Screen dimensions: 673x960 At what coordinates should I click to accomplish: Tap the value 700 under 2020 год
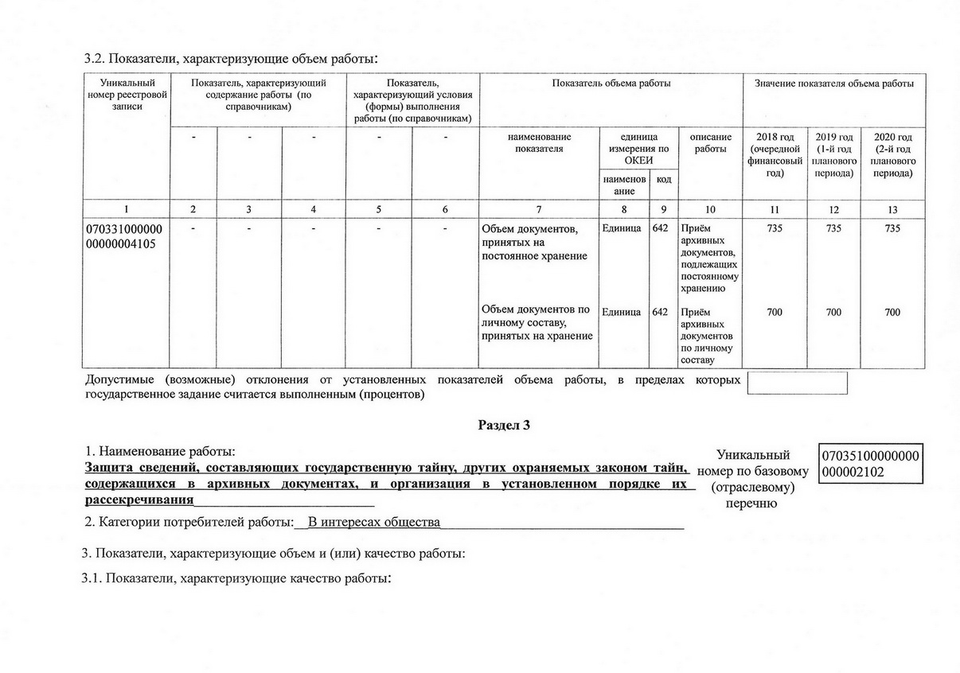point(892,313)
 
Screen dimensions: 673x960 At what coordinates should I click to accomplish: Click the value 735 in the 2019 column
point(833,228)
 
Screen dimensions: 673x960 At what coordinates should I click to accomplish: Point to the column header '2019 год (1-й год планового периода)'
point(833,155)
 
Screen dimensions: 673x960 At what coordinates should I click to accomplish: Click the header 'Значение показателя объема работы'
point(833,84)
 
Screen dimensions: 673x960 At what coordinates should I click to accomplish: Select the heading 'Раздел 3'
point(503,425)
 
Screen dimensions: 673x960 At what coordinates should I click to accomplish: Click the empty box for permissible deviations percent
point(797,383)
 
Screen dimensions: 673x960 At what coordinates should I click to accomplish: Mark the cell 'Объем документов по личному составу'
point(536,322)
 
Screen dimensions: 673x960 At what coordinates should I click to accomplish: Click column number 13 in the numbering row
point(892,209)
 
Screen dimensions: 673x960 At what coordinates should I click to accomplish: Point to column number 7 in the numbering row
point(539,209)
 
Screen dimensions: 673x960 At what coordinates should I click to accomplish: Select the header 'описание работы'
point(709,143)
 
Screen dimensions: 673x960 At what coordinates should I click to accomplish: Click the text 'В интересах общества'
point(374,523)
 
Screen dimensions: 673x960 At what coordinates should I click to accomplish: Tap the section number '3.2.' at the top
point(95,59)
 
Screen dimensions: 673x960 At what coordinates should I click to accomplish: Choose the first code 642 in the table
point(660,228)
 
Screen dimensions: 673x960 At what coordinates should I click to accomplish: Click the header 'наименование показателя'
point(539,143)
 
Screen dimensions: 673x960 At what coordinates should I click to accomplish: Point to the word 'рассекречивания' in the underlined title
point(139,500)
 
